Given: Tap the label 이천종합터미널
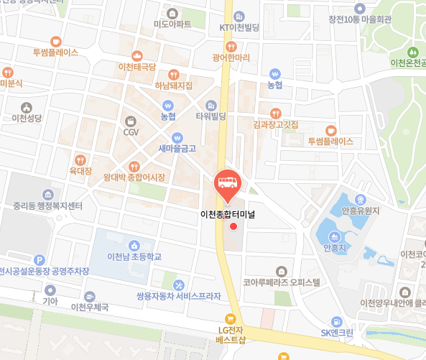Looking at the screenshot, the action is pyautogui.click(x=228, y=213).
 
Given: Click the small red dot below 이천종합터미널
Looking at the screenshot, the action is pyautogui.click(x=233, y=227).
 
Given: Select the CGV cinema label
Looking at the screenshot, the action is pyautogui.click(x=131, y=132).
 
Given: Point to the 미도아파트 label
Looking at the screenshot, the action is pyautogui.click(x=172, y=24).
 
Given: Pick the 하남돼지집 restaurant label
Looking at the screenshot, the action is pyautogui.click(x=174, y=86).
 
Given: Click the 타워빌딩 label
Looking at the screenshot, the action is pyautogui.click(x=211, y=116).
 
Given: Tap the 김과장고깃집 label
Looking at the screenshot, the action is pyautogui.click(x=276, y=124).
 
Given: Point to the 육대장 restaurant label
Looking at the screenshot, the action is pyautogui.click(x=80, y=171).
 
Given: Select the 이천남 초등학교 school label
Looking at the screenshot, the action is pyautogui.click(x=134, y=257).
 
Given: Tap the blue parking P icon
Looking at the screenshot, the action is pyautogui.click(x=40, y=260).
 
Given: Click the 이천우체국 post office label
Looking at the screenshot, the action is pyautogui.click(x=90, y=307).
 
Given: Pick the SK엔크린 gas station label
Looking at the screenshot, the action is pyautogui.click(x=337, y=333).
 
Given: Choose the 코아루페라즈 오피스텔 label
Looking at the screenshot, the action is pyautogui.click(x=281, y=283).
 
